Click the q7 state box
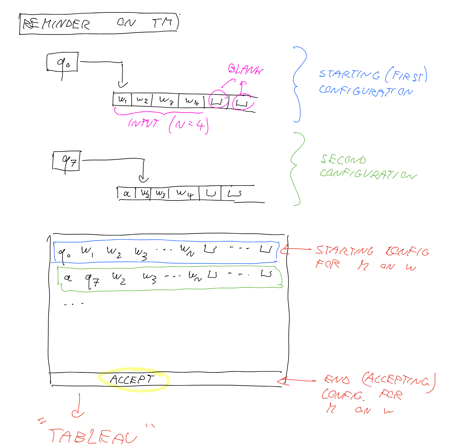pyautogui.click(x=66, y=161)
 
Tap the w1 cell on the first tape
pyautogui.click(x=122, y=100)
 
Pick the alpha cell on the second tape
pyautogui.click(x=127, y=194)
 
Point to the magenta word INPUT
pyautogui.click(x=144, y=123)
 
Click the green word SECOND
pyautogui.click(x=343, y=159)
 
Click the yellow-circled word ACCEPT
pyautogui.click(x=132, y=380)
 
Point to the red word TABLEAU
pyautogui.click(x=92, y=436)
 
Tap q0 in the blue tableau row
pyautogui.click(x=64, y=253)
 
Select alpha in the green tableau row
pyautogui.click(x=68, y=278)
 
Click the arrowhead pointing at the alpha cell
pyautogui.click(x=143, y=180)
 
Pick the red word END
pyautogui.click(x=337, y=380)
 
